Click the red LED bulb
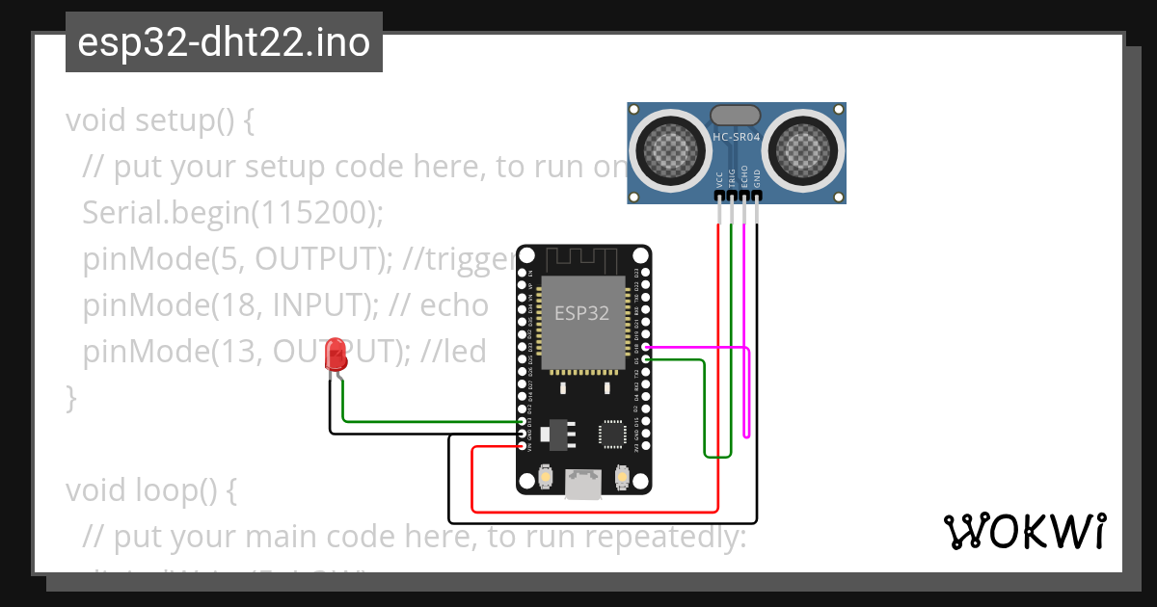(336, 355)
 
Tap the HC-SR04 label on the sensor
(737, 138)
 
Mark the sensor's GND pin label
(757, 178)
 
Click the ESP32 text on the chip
(581, 312)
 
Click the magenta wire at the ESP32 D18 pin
(647, 347)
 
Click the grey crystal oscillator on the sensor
(738, 116)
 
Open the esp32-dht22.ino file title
(224, 42)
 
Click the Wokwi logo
(1024, 532)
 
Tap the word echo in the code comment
(455, 305)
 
